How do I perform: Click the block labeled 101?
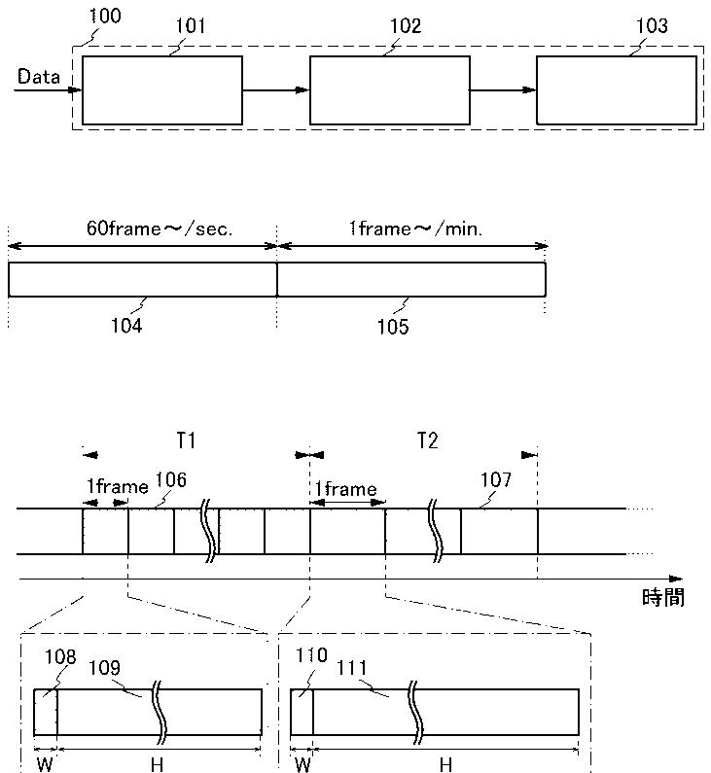161,90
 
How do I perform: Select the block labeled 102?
389,90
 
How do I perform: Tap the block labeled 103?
616,90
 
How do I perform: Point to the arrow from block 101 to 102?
275,90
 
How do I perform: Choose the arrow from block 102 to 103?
503,90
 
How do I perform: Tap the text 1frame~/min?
415,229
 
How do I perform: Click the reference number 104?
126,326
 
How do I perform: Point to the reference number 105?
393,327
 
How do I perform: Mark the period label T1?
187,440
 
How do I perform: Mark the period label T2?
427,440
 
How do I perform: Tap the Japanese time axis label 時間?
663,598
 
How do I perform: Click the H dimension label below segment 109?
157,764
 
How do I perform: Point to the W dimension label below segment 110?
302,764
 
